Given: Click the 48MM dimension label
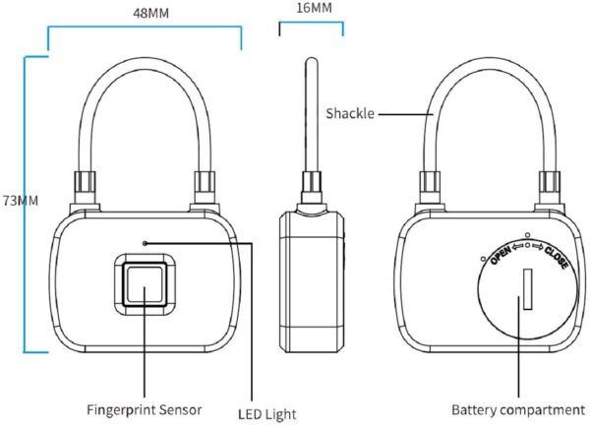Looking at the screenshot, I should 144,14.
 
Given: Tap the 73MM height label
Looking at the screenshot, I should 20,200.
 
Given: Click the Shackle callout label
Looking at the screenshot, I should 350,113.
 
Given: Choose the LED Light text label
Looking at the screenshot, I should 265,414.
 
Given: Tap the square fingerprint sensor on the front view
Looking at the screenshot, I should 146,288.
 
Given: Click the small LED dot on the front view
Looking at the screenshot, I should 146,242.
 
